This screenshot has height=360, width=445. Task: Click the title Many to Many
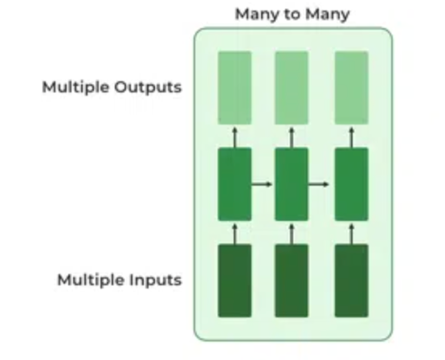pyautogui.click(x=292, y=14)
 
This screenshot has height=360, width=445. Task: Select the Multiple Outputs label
pyautogui.click(x=112, y=87)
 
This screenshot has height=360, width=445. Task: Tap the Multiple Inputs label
pyautogui.click(x=119, y=280)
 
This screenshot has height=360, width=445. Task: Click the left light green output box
pyautogui.click(x=235, y=88)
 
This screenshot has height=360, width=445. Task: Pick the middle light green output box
pyautogui.click(x=292, y=88)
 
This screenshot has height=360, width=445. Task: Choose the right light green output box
pyautogui.click(x=351, y=88)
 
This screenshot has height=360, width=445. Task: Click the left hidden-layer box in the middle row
pyautogui.click(x=235, y=184)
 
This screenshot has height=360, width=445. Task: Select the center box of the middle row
pyautogui.click(x=292, y=184)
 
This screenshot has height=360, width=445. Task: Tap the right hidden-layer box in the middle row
pyautogui.click(x=351, y=184)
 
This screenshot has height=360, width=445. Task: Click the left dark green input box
pyautogui.click(x=235, y=280)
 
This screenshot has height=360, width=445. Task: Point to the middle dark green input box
pyautogui.click(x=292, y=280)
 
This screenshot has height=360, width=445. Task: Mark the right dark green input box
pyautogui.click(x=351, y=280)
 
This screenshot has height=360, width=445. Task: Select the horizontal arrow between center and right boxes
pyautogui.click(x=320, y=184)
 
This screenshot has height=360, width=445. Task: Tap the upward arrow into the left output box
pyautogui.click(x=235, y=136)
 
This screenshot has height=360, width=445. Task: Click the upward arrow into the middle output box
pyautogui.click(x=292, y=136)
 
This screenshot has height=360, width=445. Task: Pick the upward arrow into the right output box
pyautogui.click(x=351, y=136)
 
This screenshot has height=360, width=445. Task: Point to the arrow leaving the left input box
pyautogui.click(x=235, y=233)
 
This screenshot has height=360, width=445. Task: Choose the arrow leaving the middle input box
pyautogui.click(x=292, y=233)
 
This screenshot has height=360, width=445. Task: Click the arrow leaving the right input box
pyautogui.click(x=351, y=233)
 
